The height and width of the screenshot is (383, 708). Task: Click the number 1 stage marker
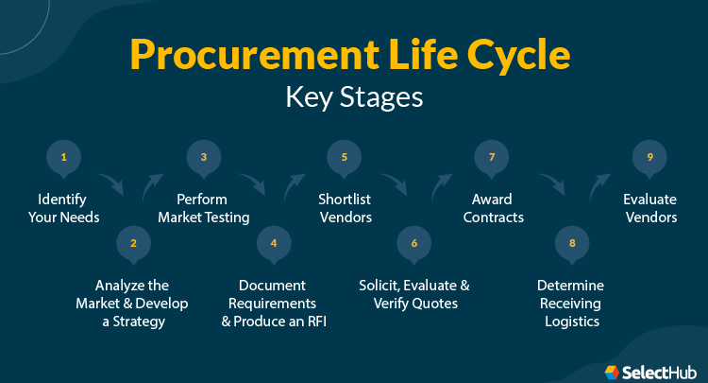point(64,157)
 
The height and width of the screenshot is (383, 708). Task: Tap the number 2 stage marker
point(133,243)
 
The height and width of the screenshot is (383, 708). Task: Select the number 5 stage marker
point(344,157)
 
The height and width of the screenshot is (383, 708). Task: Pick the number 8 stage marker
point(571,243)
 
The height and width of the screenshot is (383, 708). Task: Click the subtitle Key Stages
point(355,97)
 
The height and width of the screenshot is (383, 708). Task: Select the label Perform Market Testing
point(203,208)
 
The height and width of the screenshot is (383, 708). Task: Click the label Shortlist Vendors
point(344,208)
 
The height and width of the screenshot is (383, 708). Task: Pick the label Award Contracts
point(492,208)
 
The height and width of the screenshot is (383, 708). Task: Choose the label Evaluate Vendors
point(649,208)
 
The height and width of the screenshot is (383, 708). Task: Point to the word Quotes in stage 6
point(436,304)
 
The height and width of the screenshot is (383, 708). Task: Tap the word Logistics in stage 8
point(571,322)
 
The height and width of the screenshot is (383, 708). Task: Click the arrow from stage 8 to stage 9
point(598,184)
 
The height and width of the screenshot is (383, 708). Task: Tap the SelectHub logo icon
point(613,372)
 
